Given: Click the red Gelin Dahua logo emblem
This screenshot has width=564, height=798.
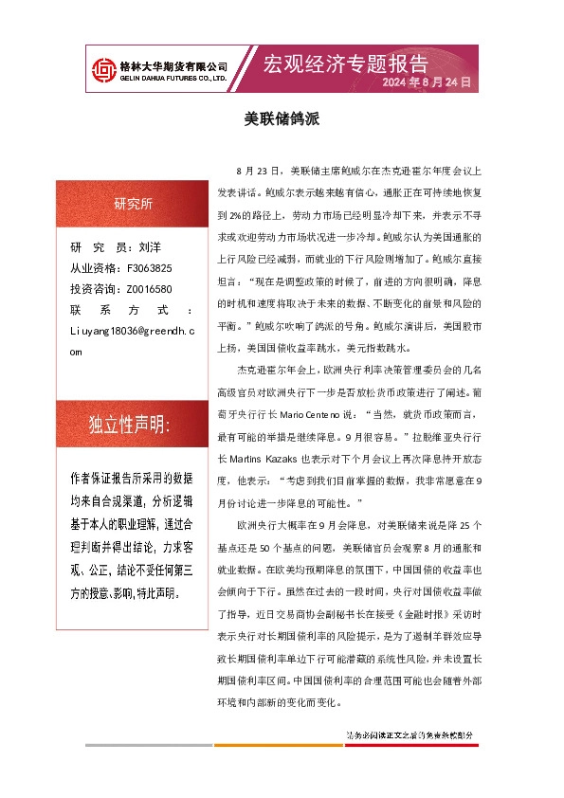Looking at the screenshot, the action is point(100,70).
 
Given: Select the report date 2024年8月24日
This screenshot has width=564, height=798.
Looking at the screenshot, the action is point(427,83).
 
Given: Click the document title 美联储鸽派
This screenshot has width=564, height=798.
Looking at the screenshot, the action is point(282,120).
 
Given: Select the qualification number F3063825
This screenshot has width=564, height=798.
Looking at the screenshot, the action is point(149,268).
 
